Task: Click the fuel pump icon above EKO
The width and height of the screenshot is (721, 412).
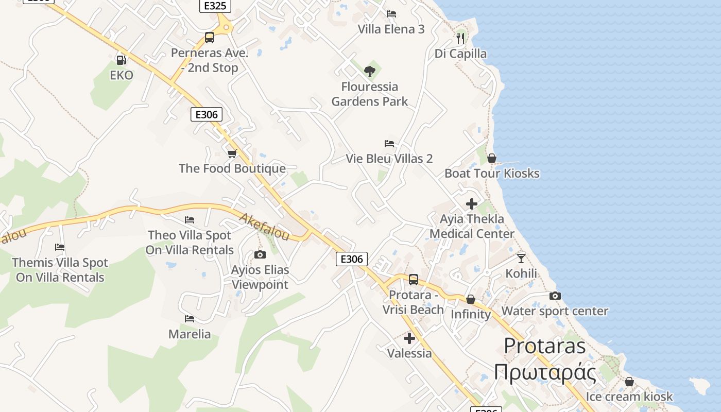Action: pos(121,60)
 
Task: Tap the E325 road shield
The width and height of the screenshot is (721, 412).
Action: pos(215,6)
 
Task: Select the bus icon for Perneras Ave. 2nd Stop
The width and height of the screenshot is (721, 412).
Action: pos(209,38)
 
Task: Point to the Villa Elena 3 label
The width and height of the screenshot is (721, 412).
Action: pos(391,29)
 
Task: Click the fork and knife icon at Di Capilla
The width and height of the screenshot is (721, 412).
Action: pos(460,38)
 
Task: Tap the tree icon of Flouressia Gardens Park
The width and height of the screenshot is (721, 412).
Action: pos(369,72)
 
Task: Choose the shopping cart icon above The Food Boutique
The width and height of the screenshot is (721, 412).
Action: pos(232,153)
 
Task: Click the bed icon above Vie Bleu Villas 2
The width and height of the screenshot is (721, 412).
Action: pos(389,144)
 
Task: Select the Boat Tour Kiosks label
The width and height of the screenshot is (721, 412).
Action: pos(492,173)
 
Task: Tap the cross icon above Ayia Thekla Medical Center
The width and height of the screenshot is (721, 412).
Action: pos(471,204)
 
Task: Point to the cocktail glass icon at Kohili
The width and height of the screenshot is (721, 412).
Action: pos(521,258)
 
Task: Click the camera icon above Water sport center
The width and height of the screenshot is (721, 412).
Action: pos(555,296)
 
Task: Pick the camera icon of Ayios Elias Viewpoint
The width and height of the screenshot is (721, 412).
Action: pos(260,254)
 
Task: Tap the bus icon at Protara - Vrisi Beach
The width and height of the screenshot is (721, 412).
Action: pos(413,280)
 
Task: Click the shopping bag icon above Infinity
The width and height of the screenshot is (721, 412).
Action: pos(470,299)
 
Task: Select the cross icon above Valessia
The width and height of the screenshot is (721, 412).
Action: pos(409,338)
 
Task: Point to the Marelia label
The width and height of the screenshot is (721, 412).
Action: pos(190,334)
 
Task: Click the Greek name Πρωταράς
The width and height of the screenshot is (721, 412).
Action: pos(545,372)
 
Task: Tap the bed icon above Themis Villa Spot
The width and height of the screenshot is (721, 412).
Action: pos(60,247)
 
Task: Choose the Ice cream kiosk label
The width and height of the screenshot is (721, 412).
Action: pos(629,396)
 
